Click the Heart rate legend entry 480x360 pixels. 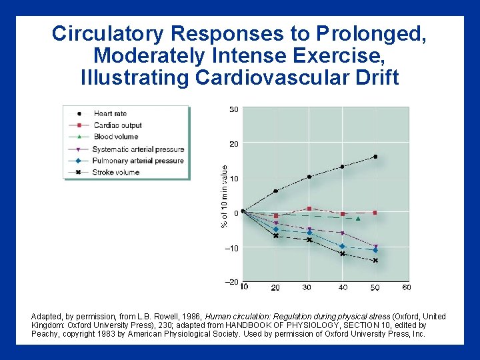(x=110, y=113)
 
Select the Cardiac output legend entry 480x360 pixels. (x=117, y=125)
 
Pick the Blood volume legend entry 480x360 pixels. (x=116, y=137)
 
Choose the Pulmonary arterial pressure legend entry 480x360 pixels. (x=138, y=161)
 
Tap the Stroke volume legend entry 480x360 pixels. (x=117, y=173)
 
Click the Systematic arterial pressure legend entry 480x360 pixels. (x=138, y=149)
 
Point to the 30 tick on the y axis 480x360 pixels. (x=234, y=109)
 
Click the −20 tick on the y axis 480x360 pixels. (x=231, y=283)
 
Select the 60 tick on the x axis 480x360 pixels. (x=407, y=287)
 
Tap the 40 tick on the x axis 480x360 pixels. (x=342, y=287)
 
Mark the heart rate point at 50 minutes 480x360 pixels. (x=375, y=157)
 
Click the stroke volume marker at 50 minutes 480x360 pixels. (x=375, y=261)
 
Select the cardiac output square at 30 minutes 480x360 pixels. (x=309, y=209)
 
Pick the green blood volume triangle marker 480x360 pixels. (x=358, y=219)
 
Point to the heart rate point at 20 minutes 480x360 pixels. (x=276, y=191)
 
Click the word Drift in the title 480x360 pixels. (x=370, y=78)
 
